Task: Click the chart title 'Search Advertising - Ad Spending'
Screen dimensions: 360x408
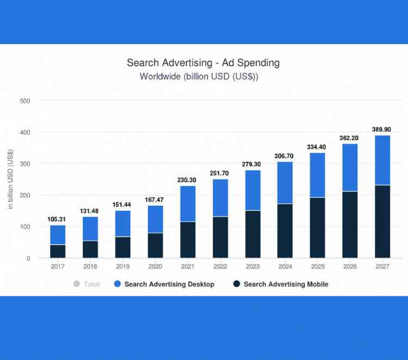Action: click(x=203, y=63)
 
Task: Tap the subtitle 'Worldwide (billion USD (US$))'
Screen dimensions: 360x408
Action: click(x=199, y=76)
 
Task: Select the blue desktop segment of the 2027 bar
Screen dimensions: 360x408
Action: click(x=382, y=160)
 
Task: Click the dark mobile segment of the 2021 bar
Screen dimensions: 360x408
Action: click(x=188, y=240)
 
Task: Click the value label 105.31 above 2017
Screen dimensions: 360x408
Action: click(x=58, y=219)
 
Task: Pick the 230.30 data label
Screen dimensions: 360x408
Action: click(x=188, y=179)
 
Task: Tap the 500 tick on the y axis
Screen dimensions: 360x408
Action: click(x=24, y=101)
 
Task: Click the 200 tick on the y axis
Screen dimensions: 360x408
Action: click(x=24, y=195)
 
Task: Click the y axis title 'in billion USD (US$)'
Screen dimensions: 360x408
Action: click(x=10, y=179)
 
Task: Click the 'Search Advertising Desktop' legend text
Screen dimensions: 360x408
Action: click(x=169, y=284)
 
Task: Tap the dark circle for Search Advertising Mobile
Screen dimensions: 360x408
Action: click(x=236, y=284)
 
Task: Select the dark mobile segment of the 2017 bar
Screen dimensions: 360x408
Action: click(x=58, y=251)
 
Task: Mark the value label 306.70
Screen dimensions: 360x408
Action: click(x=285, y=155)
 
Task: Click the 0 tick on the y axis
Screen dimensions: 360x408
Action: click(x=28, y=258)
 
